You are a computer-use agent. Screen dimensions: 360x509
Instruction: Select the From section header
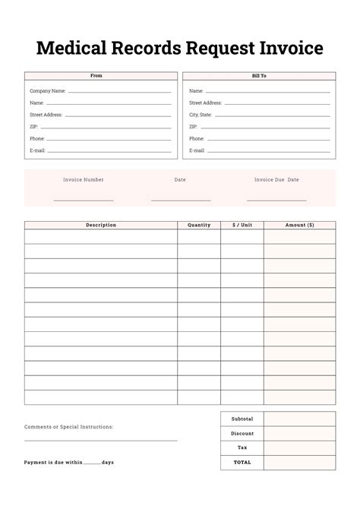pos(96,76)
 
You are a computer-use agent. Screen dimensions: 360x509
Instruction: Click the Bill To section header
pos(259,76)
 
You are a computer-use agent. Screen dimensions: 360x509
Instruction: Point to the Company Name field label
pos(48,90)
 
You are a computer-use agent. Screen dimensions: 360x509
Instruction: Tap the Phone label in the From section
pos(37,139)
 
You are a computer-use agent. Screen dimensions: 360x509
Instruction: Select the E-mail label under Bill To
pos(197,150)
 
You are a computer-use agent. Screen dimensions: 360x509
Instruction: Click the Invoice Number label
pos(84,180)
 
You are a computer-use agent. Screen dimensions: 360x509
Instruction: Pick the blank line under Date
pos(181,199)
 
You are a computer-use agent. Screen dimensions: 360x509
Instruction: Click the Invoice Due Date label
pos(276,180)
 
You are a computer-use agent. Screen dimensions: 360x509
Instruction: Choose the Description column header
pos(101,225)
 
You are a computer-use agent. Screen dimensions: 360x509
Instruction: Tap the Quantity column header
pos(199,225)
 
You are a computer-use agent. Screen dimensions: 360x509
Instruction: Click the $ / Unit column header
pos(242,225)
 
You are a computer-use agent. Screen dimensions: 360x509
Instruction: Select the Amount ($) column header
pos(299,225)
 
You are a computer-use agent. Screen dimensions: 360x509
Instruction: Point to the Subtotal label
pos(242,419)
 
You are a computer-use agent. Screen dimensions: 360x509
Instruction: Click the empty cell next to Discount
pos(299,433)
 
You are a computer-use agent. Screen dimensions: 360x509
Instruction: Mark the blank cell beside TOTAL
pos(299,462)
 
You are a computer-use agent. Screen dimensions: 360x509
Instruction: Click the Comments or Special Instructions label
pos(69,427)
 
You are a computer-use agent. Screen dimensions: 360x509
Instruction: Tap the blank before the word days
pos(92,463)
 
